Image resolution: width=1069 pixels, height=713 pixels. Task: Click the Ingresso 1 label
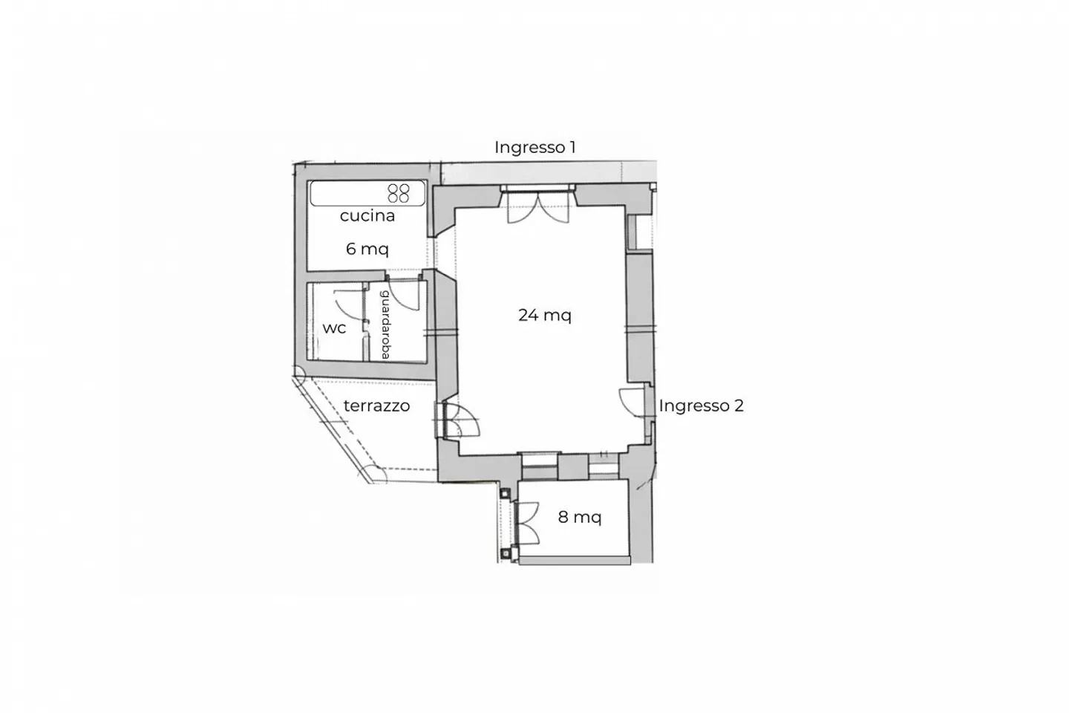point(534,147)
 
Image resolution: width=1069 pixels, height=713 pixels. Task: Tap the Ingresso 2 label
point(701,406)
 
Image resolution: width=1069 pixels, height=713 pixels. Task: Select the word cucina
point(367,215)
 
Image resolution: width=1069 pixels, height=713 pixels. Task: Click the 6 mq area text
point(367,249)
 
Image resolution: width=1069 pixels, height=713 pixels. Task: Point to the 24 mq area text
point(544,315)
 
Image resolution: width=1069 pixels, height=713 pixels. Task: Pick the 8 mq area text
point(579,517)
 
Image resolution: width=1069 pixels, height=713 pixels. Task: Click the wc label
point(334,328)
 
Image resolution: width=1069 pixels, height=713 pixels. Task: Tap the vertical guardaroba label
point(385,325)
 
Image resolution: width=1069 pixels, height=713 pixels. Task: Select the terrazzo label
point(376,406)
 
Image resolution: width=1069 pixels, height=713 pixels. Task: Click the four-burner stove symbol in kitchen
point(399,193)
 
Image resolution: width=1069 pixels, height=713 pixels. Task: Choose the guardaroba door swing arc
point(405,296)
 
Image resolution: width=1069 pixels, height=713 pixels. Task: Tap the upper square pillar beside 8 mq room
point(506,492)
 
